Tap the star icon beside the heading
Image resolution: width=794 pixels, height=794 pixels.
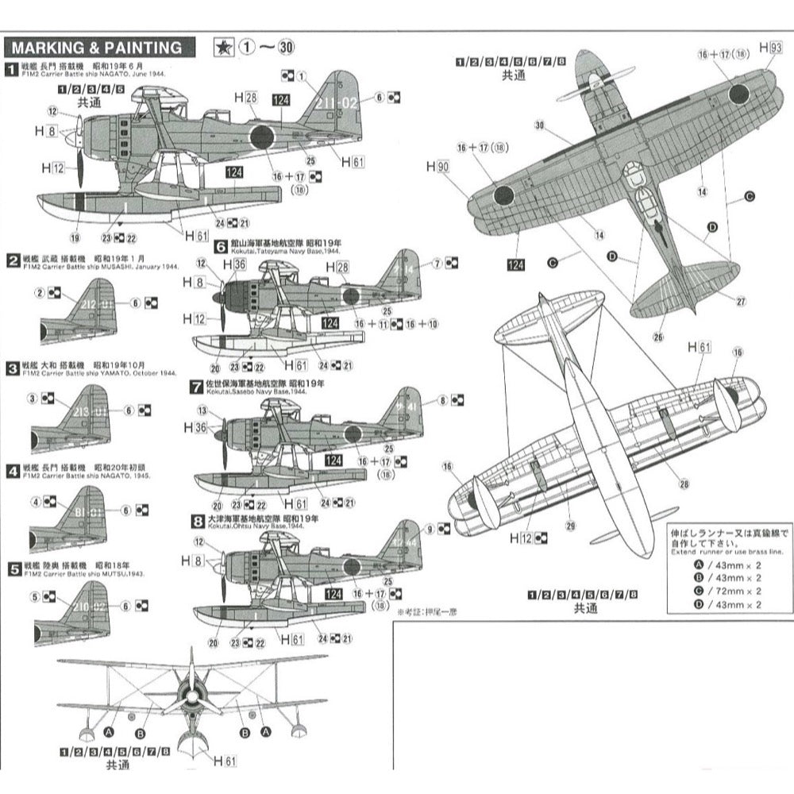222,47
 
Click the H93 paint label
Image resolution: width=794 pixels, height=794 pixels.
769,48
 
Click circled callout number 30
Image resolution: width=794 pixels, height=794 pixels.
540,125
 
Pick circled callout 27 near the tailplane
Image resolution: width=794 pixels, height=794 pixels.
740,301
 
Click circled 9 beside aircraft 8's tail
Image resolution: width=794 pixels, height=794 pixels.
431,528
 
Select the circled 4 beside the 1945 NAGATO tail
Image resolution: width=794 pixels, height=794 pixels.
36,501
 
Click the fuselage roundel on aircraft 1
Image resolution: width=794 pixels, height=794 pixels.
261,137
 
